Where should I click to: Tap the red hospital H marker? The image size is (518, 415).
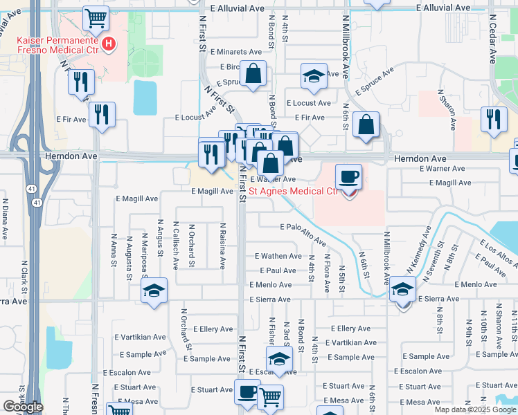[109, 46]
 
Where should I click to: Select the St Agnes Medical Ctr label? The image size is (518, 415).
[294, 191]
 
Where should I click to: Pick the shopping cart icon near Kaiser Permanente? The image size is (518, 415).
[96, 18]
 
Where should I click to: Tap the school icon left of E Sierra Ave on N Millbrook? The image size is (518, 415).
[402, 290]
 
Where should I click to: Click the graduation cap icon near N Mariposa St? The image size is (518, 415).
[154, 292]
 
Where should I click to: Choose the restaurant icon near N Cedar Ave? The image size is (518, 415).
[494, 119]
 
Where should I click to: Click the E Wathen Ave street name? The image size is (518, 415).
[278, 256]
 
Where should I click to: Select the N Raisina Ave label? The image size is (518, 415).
[223, 245]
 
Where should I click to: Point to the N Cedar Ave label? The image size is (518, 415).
[492, 39]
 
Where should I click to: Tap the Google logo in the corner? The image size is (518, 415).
[23, 407]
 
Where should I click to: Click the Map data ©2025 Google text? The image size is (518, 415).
[474, 409]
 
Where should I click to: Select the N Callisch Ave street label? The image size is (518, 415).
[177, 243]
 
